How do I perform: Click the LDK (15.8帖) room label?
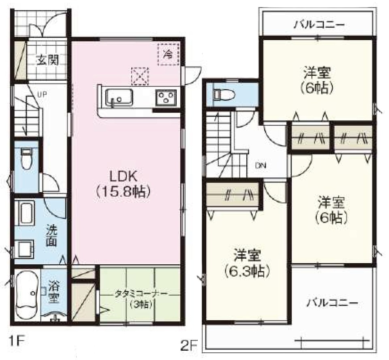(x=123, y=184)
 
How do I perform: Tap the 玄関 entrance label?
(x=47, y=60)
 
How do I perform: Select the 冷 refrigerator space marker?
(x=169, y=54)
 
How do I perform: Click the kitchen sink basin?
(x=119, y=97)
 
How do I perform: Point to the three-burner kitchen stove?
(x=166, y=98)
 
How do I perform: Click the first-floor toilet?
(x=26, y=159)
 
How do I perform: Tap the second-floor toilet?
(x=224, y=94)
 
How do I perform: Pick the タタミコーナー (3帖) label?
(x=141, y=299)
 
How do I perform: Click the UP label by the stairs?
(x=42, y=94)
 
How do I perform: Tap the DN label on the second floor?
(x=261, y=165)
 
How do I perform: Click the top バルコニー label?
(x=319, y=25)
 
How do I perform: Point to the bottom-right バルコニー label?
(x=332, y=303)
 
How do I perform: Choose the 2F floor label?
(x=189, y=346)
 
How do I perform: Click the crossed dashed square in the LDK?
(x=140, y=76)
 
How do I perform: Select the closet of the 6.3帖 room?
(x=233, y=194)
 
